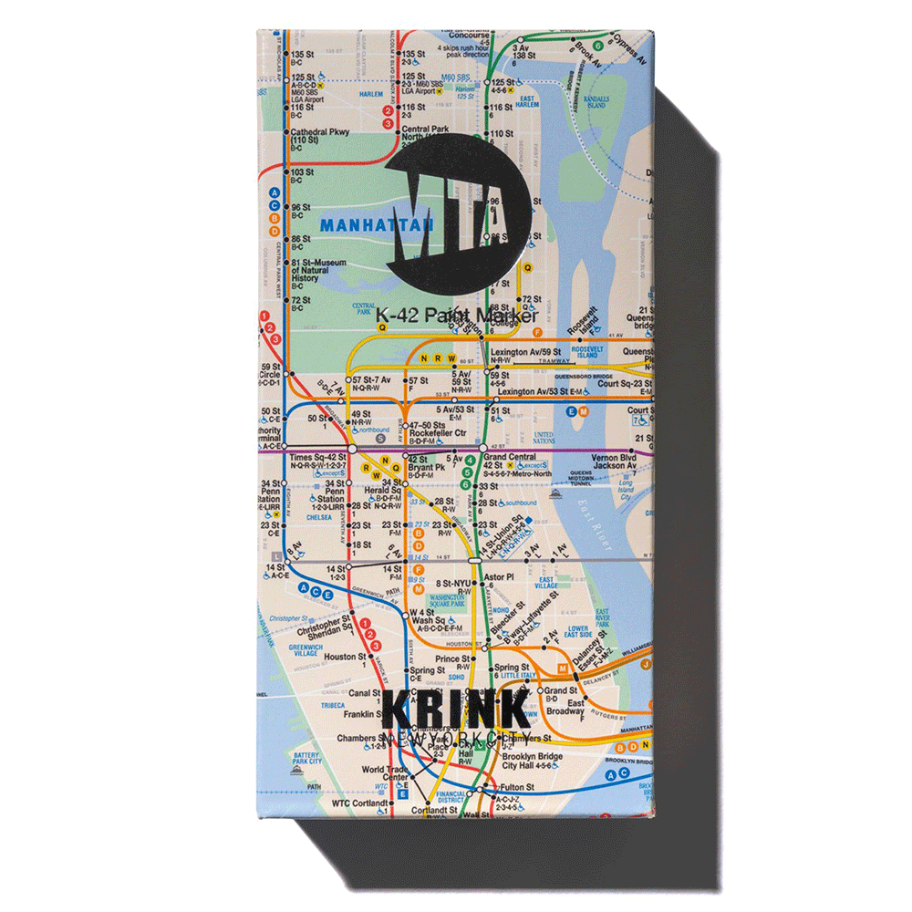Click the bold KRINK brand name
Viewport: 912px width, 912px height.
click(455, 710)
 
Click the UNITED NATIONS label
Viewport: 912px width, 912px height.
click(544, 438)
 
